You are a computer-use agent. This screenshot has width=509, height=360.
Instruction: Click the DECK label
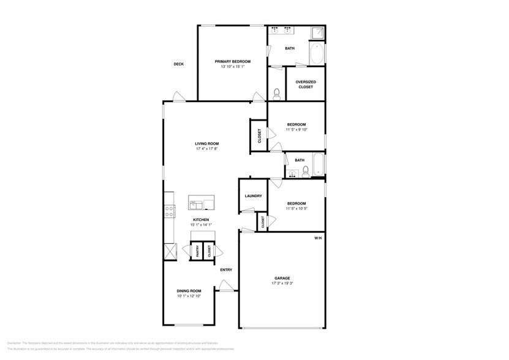178,64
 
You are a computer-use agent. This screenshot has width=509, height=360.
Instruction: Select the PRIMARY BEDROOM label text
231,61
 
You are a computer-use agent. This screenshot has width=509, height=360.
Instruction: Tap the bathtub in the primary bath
317,54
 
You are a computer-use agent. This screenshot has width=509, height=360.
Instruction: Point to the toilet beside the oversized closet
277,93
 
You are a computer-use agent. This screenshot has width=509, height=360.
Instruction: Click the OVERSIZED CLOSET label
306,84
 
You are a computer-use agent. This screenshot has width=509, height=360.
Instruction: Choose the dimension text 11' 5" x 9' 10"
296,130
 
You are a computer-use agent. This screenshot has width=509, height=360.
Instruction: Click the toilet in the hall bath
306,171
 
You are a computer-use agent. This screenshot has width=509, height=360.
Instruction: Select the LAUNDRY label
254,197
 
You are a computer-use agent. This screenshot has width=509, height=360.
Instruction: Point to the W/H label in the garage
318,238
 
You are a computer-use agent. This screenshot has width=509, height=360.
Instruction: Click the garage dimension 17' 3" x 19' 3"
281,283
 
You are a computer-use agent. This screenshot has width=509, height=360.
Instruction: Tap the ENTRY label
226,270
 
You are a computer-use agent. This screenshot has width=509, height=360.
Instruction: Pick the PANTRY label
198,251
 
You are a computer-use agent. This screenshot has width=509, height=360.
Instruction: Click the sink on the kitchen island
196,203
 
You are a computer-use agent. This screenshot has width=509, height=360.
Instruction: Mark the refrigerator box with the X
169,252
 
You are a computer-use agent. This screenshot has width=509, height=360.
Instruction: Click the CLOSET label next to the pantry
209,251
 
